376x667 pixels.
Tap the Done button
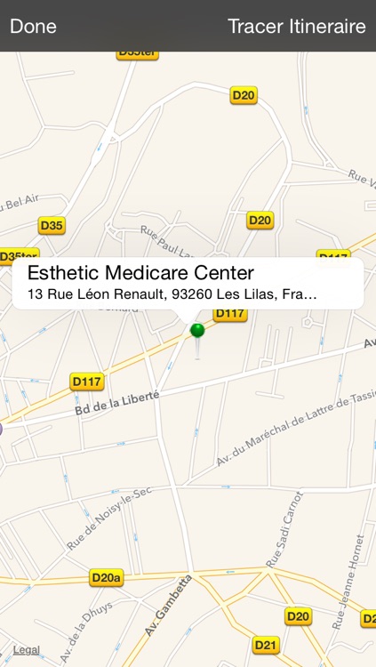(x=33, y=26)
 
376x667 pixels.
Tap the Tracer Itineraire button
(x=296, y=26)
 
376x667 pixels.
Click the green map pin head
(x=197, y=331)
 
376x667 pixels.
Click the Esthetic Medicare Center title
(x=140, y=273)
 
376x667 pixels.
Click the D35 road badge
(x=52, y=226)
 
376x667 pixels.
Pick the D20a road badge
(x=107, y=578)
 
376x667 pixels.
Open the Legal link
(x=26, y=650)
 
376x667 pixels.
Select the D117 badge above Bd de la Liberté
(x=87, y=382)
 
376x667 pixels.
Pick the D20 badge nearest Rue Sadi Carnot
(x=298, y=615)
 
